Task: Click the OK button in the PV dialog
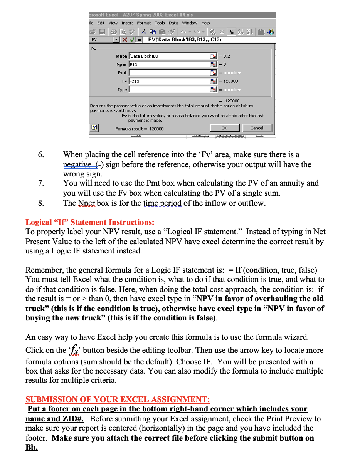click(224, 128)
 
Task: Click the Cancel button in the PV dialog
click(257, 128)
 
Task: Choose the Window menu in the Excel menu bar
click(190, 23)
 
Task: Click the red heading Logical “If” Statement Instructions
click(90, 222)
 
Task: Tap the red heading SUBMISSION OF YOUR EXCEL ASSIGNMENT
click(118, 399)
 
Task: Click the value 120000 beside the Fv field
click(230, 81)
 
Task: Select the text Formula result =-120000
click(139, 129)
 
